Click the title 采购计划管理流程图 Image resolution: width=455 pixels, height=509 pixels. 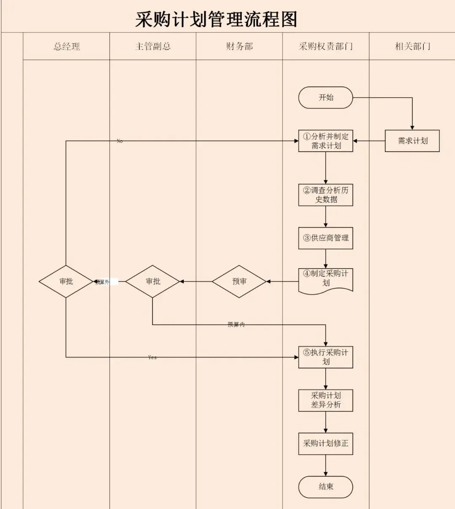[x=216, y=19]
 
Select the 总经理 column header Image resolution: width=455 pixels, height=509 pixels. [x=67, y=46]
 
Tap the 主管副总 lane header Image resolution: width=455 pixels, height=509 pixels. [x=153, y=46]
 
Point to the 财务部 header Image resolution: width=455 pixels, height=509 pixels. [x=239, y=46]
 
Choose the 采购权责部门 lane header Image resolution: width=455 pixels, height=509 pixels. [x=326, y=46]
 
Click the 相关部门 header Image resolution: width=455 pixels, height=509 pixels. [x=412, y=46]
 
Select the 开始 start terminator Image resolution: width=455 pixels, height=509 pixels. [x=326, y=98]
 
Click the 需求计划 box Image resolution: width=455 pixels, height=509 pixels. [x=412, y=141]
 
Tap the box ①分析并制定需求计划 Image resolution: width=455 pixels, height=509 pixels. [x=326, y=141]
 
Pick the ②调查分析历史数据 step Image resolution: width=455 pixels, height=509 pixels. [x=326, y=195]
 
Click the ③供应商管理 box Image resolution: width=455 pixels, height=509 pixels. [x=326, y=238]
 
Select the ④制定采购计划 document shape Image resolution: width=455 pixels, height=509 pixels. [x=326, y=279]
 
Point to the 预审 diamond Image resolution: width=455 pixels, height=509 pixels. [x=239, y=281]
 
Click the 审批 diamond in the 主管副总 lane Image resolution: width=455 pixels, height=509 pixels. [x=153, y=281]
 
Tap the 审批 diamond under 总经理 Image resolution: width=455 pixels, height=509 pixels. [x=66, y=281]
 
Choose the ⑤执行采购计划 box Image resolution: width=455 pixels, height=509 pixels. [x=326, y=357]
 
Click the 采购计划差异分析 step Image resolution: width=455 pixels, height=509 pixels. [x=326, y=400]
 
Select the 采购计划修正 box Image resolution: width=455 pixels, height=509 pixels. [x=326, y=443]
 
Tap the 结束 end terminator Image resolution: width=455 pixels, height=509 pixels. [x=326, y=487]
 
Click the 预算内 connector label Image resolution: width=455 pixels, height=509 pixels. [x=236, y=325]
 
